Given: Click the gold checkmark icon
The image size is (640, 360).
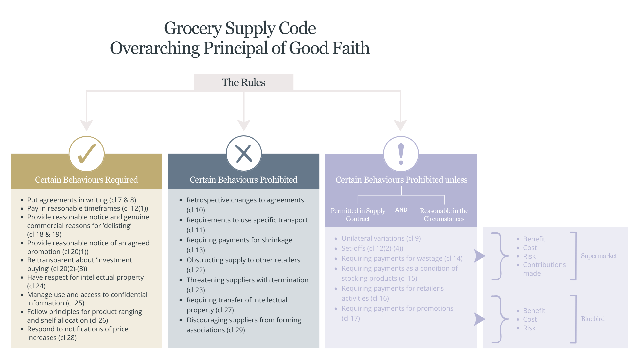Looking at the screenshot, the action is pos(87,154).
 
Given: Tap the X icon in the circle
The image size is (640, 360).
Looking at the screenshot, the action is pos(244,154).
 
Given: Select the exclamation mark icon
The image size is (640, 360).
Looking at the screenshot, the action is pos(401,154).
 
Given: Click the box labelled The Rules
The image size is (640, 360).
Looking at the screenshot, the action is pos(244,82).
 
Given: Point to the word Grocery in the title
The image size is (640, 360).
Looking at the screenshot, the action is pos(193,29).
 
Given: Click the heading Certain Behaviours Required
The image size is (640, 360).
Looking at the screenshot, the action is pos(86,180).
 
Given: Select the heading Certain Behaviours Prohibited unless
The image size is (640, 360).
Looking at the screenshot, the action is pos(401,180).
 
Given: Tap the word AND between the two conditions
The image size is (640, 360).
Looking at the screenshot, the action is pos(401,210).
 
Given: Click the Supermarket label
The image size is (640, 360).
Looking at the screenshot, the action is pos(599,256).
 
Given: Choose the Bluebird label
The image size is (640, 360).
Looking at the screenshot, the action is pos(593,319).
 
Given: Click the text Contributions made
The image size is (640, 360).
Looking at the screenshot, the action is pos(544,269).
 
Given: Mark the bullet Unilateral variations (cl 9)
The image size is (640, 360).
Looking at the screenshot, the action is pos(381,238).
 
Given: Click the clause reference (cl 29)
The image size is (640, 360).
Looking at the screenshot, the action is pos(236,330).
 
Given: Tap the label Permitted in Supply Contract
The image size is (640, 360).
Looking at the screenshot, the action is pos(358,215).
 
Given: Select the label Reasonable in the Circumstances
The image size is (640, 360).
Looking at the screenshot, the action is pos(444,215).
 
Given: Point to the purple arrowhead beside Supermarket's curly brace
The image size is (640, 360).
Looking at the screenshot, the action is pos(480,256).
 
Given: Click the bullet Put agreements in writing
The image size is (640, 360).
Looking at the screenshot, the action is pos(82,200).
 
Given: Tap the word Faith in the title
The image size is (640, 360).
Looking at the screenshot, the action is pos(351,48).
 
